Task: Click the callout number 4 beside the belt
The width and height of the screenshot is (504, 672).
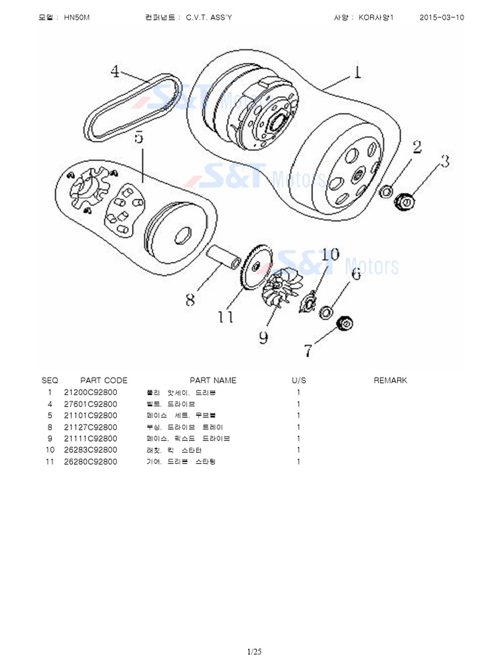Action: [115, 72]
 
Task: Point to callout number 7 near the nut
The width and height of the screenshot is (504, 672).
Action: [308, 351]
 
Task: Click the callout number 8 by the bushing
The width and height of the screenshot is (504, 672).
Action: [190, 300]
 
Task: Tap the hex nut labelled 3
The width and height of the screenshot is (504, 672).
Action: [405, 201]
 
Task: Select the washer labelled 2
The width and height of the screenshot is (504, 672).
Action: [388, 191]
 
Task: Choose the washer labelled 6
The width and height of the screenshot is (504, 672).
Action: [326, 312]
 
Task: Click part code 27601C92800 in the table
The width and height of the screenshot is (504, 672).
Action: [91, 404]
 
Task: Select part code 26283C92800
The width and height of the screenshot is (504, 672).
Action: [91, 450]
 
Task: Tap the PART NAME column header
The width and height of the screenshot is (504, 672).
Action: [213, 381]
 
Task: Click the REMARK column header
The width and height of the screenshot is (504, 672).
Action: [390, 381]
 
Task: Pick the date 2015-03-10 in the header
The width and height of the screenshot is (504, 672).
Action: [441, 18]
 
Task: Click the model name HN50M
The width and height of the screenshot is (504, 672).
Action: [77, 18]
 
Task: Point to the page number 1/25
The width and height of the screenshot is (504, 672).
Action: [254, 652]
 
